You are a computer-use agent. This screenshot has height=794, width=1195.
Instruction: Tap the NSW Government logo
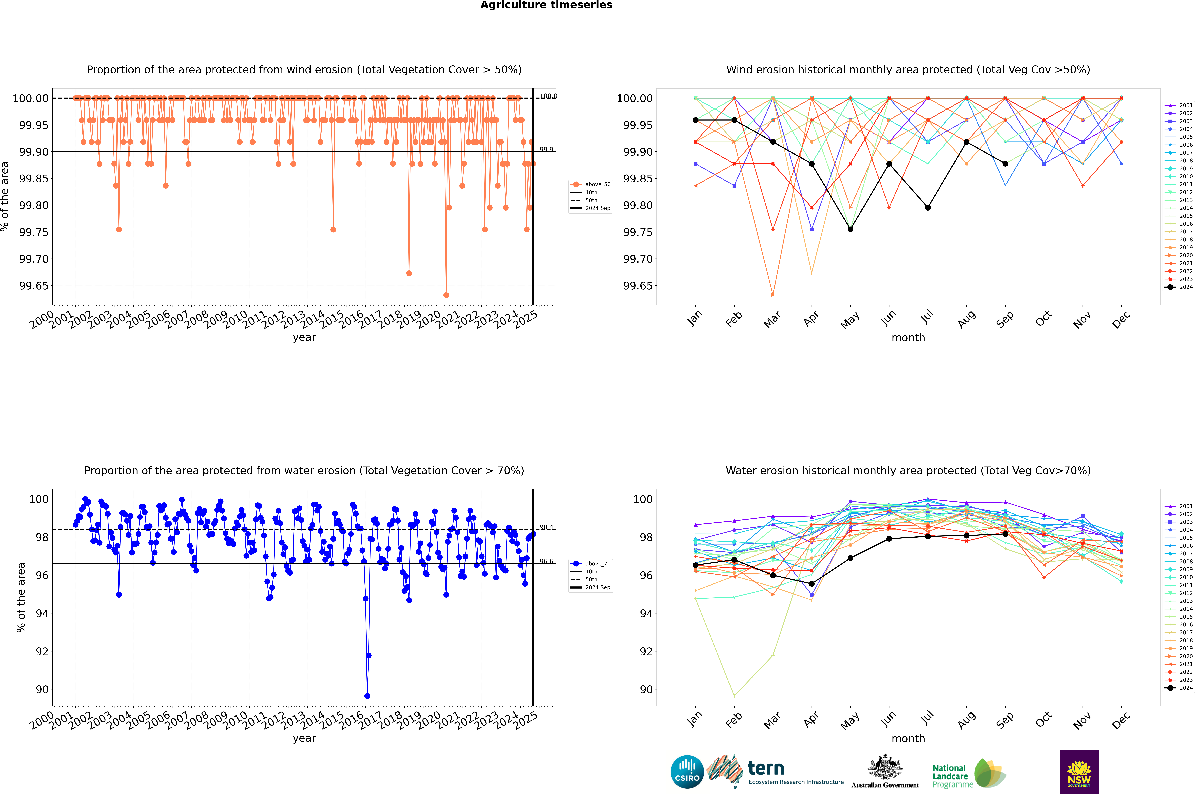click(1079, 772)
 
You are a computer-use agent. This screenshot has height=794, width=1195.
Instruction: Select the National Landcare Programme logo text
click(950, 776)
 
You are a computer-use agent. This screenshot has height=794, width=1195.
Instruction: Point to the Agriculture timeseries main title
click(546, 5)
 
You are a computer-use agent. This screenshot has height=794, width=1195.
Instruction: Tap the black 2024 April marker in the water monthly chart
click(812, 584)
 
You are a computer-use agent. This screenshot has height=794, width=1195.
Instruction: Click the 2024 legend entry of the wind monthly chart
click(1180, 287)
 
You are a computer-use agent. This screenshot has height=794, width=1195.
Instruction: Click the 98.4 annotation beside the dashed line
click(546, 527)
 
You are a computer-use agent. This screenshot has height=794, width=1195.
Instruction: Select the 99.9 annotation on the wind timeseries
click(546, 149)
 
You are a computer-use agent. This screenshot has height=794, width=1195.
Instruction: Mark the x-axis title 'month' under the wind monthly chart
click(908, 338)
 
